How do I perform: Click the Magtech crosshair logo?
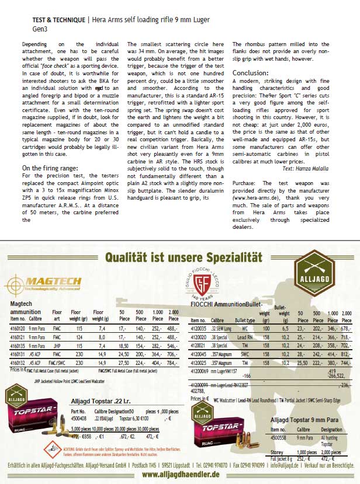pos(18,285)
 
